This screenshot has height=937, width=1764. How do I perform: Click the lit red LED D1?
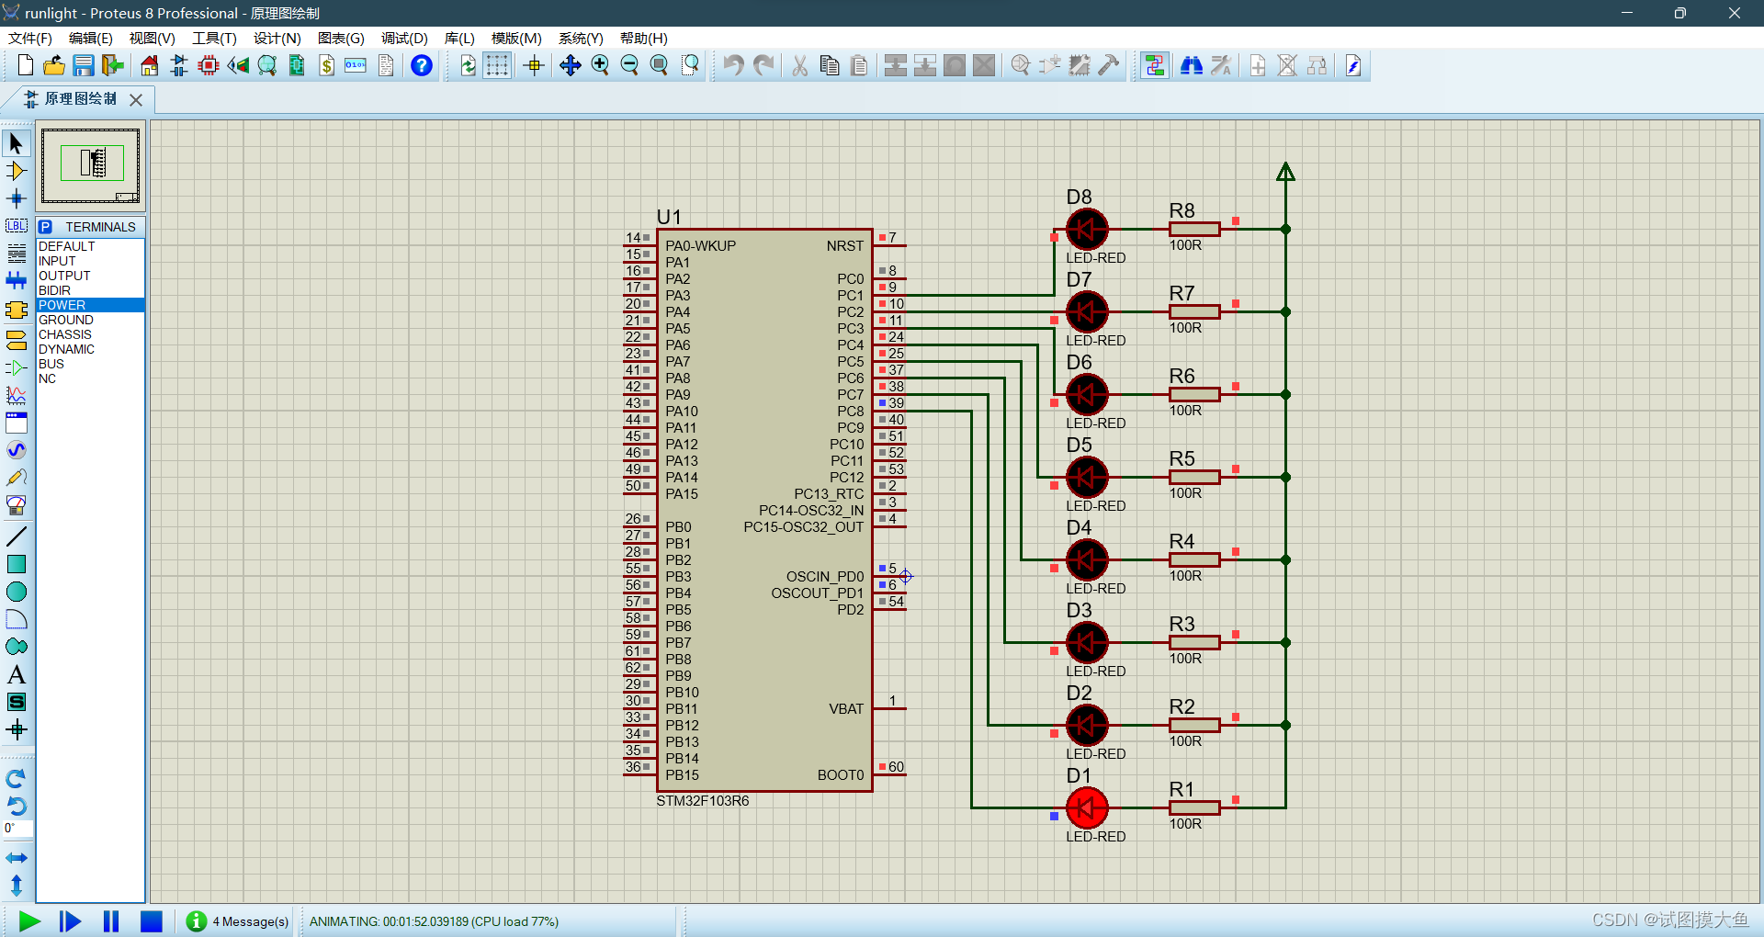(1087, 808)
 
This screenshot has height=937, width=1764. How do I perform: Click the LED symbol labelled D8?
(1087, 230)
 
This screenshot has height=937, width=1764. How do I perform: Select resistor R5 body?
(1194, 477)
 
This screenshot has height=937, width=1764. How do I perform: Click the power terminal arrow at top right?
(1285, 172)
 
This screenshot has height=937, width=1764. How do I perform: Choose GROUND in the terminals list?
(66, 320)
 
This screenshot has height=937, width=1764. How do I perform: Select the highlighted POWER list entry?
(62, 305)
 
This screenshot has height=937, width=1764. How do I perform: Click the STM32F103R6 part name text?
(702, 801)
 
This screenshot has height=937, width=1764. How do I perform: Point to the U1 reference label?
(669, 217)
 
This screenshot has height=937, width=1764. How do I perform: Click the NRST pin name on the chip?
(844, 246)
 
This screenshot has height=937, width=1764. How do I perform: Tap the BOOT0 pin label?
(840, 775)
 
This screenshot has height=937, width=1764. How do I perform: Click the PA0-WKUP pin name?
(700, 246)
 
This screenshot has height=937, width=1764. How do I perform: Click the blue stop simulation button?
(152, 920)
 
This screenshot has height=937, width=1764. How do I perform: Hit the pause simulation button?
(111, 920)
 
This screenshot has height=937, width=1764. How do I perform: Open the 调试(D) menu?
(404, 38)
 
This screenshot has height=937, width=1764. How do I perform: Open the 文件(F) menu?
(30, 38)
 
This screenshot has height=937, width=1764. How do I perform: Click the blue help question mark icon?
(422, 65)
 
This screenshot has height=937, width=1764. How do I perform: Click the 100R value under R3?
(1185, 659)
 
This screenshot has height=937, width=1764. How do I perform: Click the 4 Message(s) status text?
(250, 921)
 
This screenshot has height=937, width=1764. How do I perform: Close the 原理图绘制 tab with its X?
(136, 99)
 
